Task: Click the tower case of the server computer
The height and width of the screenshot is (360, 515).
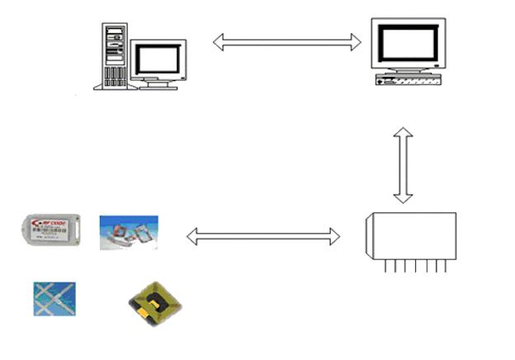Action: (x=116, y=56)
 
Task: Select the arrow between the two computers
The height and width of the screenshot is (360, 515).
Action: (x=287, y=41)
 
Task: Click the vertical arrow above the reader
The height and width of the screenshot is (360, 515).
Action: (x=403, y=165)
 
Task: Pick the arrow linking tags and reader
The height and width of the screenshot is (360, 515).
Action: (x=263, y=237)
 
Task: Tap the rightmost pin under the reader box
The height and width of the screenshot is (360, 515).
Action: (x=445, y=266)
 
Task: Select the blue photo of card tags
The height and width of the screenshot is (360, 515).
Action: (x=129, y=231)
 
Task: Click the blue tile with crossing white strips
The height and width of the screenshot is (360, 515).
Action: (x=54, y=298)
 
